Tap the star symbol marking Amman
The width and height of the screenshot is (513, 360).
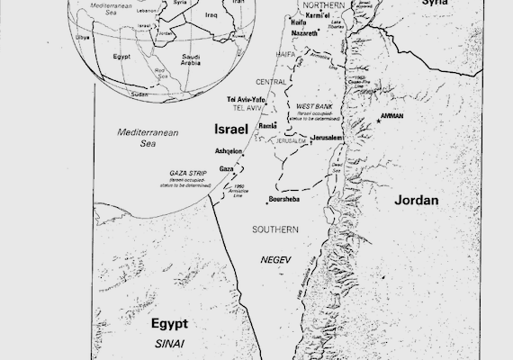(x=380, y=122)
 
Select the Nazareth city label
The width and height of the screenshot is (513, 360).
(x=304, y=32)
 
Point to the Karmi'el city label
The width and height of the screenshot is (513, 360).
(x=311, y=16)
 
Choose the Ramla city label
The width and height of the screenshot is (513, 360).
(x=267, y=127)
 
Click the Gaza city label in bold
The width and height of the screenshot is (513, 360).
(x=226, y=168)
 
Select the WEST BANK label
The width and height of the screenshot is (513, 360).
(x=314, y=106)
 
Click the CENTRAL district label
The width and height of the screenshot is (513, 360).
(x=271, y=80)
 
